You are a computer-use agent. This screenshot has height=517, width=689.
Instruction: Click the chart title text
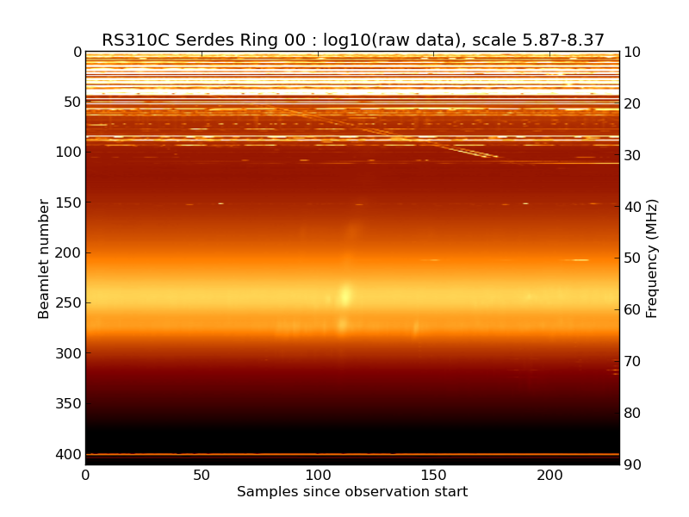pyautogui.click(x=353, y=40)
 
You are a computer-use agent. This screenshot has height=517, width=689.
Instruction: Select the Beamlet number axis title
pyautogui.click(x=45, y=258)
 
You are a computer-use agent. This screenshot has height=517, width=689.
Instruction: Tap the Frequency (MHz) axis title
pyautogui.click(x=652, y=258)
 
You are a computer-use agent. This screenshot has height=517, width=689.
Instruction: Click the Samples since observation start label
pyautogui.click(x=352, y=492)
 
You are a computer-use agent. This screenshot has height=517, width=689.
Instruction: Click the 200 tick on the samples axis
pyautogui.click(x=549, y=475)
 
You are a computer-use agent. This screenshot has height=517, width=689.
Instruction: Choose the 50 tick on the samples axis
pyautogui.click(x=202, y=475)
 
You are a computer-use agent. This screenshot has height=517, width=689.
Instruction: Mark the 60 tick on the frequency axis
pyautogui.click(x=633, y=310)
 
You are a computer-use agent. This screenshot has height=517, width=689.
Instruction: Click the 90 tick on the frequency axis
pyautogui.click(x=633, y=465)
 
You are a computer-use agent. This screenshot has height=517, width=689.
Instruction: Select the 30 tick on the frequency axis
pyautogui.click(x=633, y=155)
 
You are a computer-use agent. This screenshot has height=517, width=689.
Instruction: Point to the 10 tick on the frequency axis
pyautogui.click(x=633, y=53)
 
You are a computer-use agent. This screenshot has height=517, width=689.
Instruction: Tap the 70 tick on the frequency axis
pyautogui.click(x=633, y=362)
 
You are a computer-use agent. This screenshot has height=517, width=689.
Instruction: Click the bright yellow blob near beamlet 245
pyautogui.click(x=346, y=296)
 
